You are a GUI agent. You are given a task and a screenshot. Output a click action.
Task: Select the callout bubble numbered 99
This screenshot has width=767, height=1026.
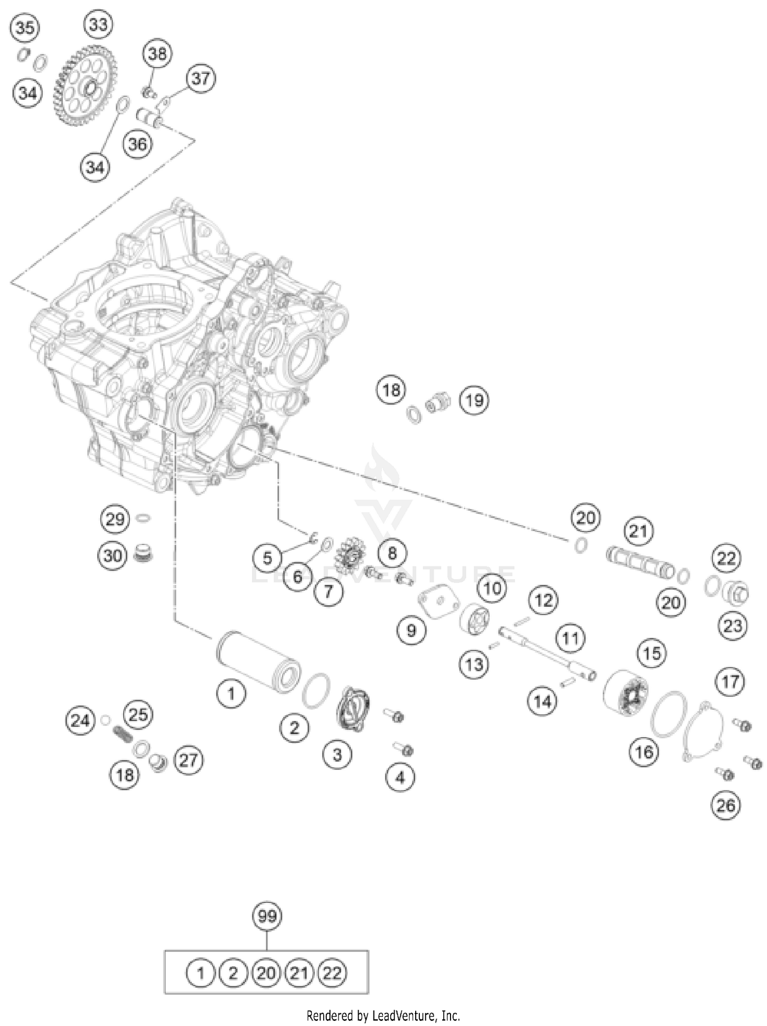(x=267, y=916)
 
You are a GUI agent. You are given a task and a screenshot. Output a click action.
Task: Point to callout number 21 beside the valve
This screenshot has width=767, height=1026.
(x=638, y=532)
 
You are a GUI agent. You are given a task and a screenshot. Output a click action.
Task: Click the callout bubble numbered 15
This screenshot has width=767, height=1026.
(x=651, y=653)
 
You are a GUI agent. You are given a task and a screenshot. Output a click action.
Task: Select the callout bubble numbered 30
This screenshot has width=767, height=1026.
(x=113, y=555)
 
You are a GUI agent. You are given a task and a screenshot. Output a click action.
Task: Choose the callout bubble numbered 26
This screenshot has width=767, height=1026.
(x=726, y=806)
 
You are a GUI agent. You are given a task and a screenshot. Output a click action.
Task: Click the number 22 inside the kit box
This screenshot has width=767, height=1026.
(x=332, y=972)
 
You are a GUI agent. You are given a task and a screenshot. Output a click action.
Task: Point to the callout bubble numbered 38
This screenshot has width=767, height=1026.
(x=157, y=53)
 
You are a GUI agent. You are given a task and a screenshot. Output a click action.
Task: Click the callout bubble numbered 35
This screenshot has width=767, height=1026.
(x=25, y=28)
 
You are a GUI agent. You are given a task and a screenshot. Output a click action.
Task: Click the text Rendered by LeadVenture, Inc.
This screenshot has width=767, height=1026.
(x=383, y=1015)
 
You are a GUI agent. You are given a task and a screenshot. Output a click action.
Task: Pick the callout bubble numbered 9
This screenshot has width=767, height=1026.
(x=412, y=630)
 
